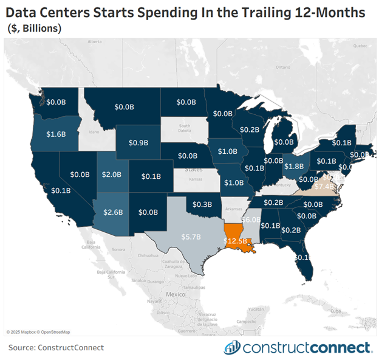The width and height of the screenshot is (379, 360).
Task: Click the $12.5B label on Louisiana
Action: [236, 241]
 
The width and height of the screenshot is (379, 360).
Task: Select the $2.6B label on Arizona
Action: [113, 212]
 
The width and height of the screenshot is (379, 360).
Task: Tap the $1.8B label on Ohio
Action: [293, 165]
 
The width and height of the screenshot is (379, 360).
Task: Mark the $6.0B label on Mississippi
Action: [250, 219]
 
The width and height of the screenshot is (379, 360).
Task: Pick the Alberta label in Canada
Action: [94, 42]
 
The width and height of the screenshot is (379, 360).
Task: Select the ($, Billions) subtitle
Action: [34, 29]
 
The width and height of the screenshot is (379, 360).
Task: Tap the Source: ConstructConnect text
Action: [56, 347]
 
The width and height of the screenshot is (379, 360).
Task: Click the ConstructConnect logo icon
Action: [232, 347]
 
